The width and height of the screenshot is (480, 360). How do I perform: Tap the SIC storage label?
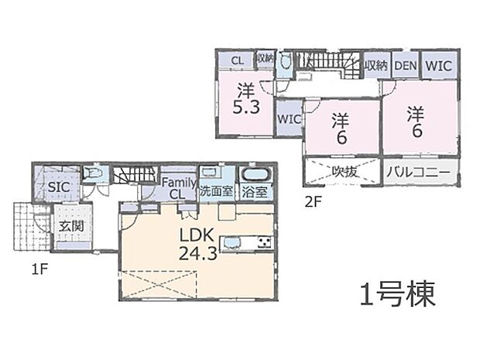click(59, 187)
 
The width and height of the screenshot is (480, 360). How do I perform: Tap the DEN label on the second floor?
click(404, 66)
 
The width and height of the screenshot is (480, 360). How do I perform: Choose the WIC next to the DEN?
click(438, 66)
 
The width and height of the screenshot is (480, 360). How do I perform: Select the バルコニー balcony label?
click(418, 172)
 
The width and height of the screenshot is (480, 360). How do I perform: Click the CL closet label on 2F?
click(237, 59)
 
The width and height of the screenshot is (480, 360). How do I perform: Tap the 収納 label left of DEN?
click(376, 66)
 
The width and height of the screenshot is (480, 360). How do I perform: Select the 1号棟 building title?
click(396, 294)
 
